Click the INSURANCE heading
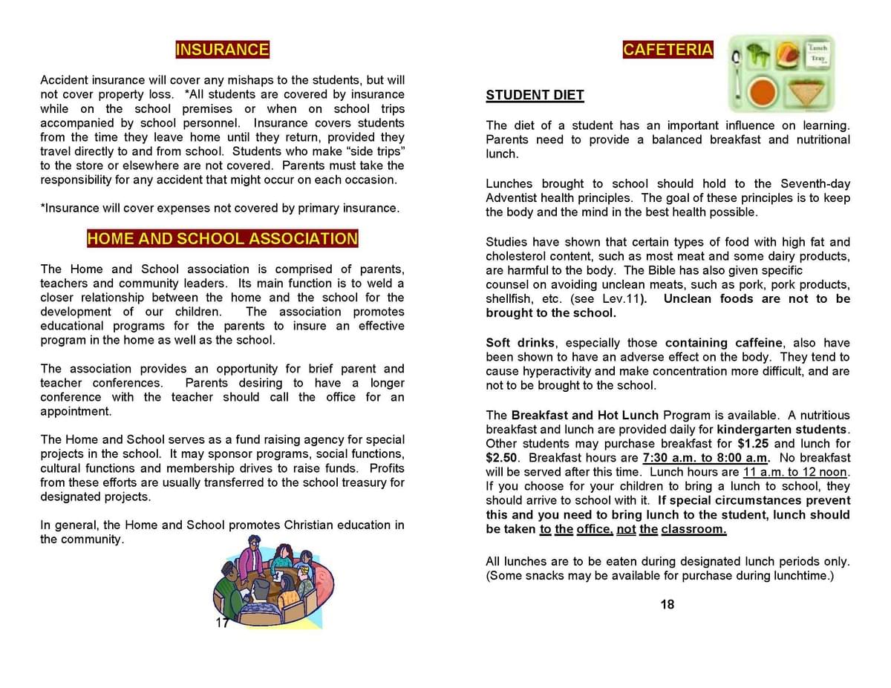click(222, 50)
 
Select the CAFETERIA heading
click(668, 50)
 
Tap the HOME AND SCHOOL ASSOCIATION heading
click(222, 239)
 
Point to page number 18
click(667, 605)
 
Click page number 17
click(221, 623)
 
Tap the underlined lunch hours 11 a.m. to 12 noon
click(795, 472)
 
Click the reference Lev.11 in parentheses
click(619, 299)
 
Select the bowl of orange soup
click(763, 92)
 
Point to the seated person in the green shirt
click(226, 594)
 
